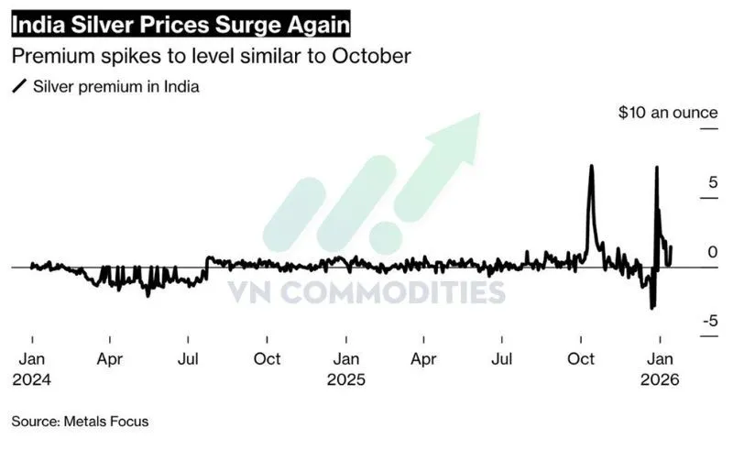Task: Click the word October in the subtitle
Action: coord(374,56)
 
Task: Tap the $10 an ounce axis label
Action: coord(667,113)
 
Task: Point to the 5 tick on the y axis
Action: coord(711,183)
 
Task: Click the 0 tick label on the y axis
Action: coord(712,252)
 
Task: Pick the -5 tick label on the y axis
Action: coord(709,321)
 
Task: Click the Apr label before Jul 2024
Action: coord(110,359)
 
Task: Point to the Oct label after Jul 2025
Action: coord(582,359)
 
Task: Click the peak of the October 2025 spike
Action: coord(592,166)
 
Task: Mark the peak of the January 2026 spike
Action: coord(656,167)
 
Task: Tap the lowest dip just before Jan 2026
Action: coord(652,308)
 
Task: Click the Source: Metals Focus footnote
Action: coord(80,422)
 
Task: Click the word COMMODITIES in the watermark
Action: coord(400,292)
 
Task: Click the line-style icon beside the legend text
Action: coord(18,87)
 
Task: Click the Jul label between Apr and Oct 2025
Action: coord(502,359)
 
